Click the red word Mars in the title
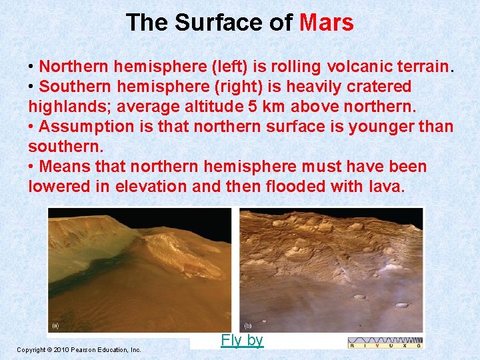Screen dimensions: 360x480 tap(327, 23)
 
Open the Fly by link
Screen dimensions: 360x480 tap(242, 340)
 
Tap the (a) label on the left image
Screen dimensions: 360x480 tap(55, 326)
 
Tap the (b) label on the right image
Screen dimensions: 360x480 tap(247, 326)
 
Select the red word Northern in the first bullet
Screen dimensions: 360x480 tap(74, 67)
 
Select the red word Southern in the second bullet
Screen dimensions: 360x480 tap(75, 87)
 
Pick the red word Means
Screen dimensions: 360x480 tap(62, 167)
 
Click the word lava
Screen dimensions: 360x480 tap(387, 187)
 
